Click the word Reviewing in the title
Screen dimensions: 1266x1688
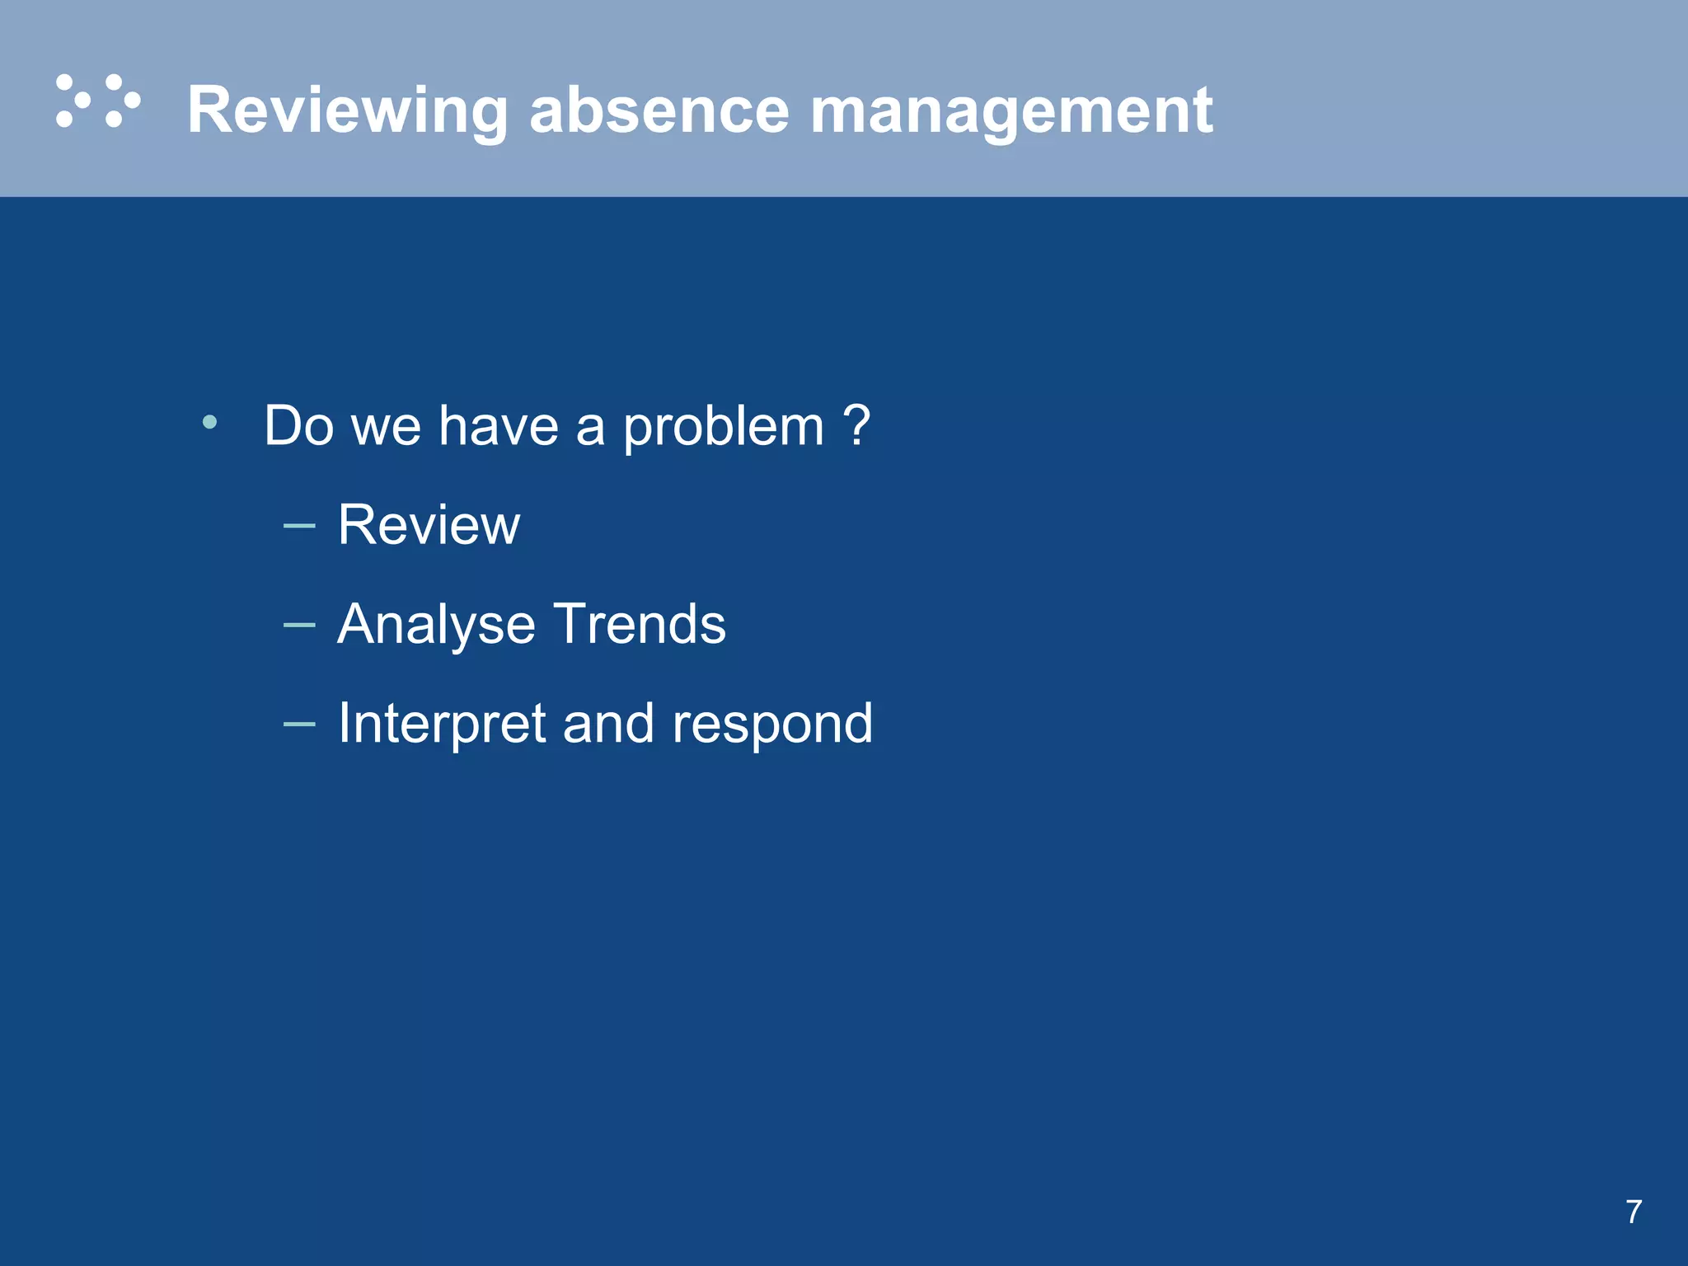[347, 110]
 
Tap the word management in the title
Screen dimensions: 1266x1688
[1010, 110]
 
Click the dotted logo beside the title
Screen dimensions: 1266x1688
[98, 101]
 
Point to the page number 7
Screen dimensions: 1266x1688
[1634, 1212]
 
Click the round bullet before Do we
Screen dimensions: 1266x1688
[209, 423]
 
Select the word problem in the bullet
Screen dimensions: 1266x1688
[723, 427]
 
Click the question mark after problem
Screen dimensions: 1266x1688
[857, 425]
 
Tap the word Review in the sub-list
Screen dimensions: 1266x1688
[429, 525]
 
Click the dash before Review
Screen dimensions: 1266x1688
[298, 525]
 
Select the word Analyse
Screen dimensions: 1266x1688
[436, 625]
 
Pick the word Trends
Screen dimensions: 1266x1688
[640, 624]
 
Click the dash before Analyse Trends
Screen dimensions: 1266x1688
[298, 625]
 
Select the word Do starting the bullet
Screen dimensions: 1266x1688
[298, 426]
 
